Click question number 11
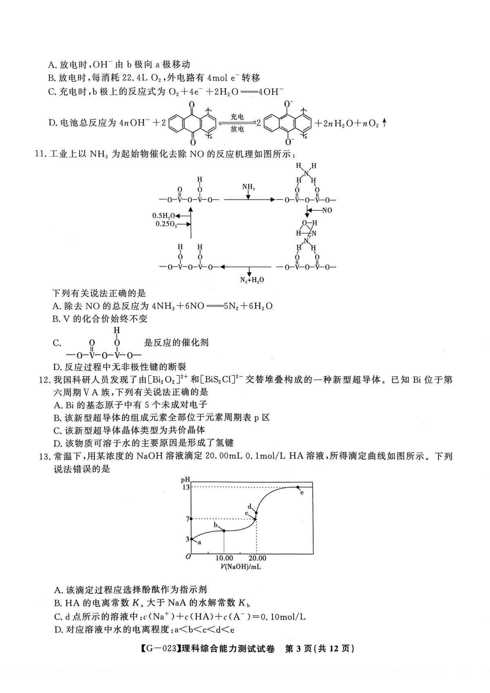[41, 154]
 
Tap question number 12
[45, 380]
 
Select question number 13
[45, 457]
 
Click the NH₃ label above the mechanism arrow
[248, 187]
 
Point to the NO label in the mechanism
[327, 210]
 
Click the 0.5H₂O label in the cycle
[164, 216]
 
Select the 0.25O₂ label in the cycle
[167, 224]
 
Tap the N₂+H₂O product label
[252, 280]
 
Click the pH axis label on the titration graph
[186, 479]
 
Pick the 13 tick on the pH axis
[186, 487]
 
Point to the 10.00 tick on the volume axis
[224, 558]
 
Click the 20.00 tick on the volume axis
[257, 558]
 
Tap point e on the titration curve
[298, 487]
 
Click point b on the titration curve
[224, 530]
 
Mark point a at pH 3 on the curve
[192, 539]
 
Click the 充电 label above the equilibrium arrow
[237, 117]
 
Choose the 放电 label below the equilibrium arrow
[237, 129]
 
